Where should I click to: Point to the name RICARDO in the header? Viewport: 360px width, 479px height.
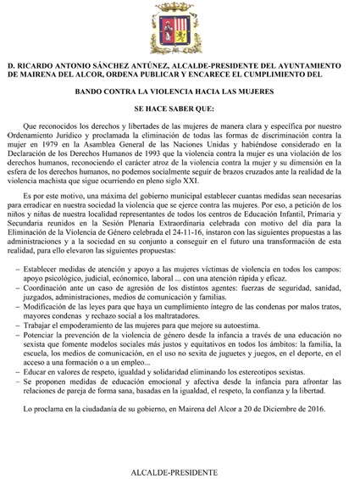(53, 64)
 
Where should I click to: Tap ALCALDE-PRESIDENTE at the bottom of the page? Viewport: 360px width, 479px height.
(180, 471)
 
